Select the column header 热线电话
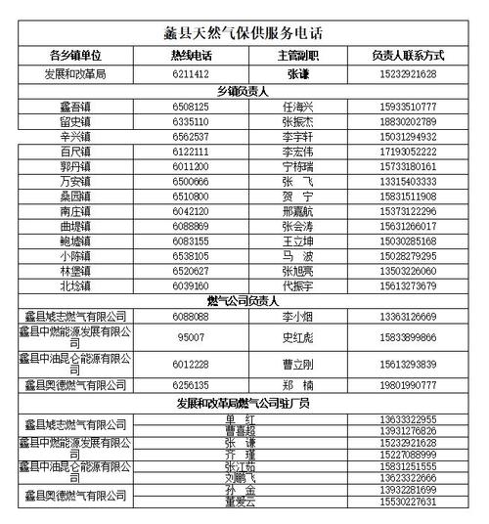190,56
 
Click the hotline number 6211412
190,73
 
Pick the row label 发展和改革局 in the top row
75,73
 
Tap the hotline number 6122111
190,153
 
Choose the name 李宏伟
296,153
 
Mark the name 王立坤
296,240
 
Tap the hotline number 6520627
190,271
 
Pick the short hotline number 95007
190,337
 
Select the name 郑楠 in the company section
296,385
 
